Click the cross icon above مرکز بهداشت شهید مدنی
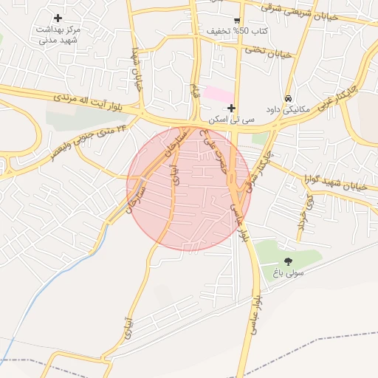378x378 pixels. tap(58, 18)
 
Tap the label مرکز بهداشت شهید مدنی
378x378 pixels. tap(58, 35)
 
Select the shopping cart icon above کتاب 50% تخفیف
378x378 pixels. tap(237, 20)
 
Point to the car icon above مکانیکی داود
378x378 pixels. tap(288, 98)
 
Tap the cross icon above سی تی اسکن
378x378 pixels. tap(231, 109)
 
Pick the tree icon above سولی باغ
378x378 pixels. tap(288, 261)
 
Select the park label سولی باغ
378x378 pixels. tap(288, 273)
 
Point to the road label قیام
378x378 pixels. tap(194, 92)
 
